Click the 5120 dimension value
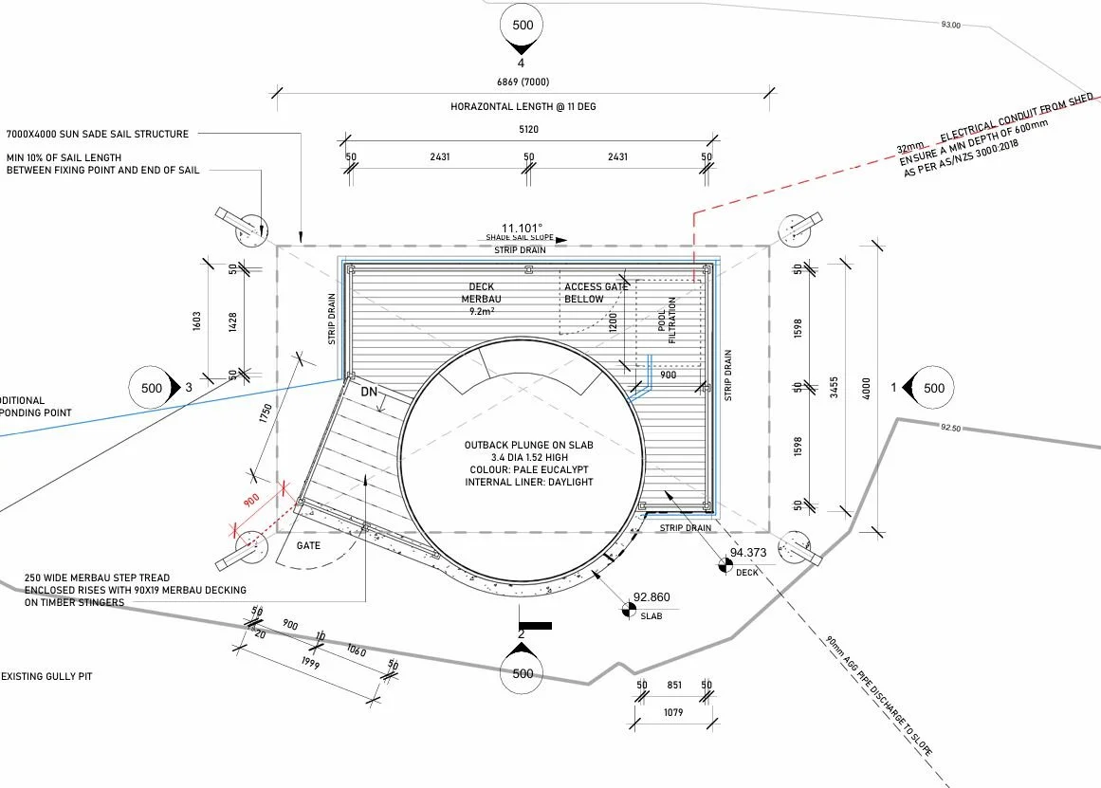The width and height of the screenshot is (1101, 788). pos(527,130)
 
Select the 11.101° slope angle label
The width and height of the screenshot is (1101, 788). pos(522,229)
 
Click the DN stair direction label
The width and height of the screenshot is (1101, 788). pos(370,391)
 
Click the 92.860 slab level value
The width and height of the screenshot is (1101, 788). pos(651,597)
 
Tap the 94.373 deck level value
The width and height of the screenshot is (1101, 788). pos(746,553)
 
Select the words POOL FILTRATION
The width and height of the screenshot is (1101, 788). pos(668,320)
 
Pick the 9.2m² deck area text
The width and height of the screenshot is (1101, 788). pos(484,311)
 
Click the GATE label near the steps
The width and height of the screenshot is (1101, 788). pos(308,545)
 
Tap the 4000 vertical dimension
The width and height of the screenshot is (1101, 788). pos(864,388)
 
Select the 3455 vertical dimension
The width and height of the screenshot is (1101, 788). pos(833,388)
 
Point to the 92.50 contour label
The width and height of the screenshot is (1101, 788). pos(952,429)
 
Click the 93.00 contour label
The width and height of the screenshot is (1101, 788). pos(950,25)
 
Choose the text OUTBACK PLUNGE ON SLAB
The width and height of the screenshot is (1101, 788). pos(528,445)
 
